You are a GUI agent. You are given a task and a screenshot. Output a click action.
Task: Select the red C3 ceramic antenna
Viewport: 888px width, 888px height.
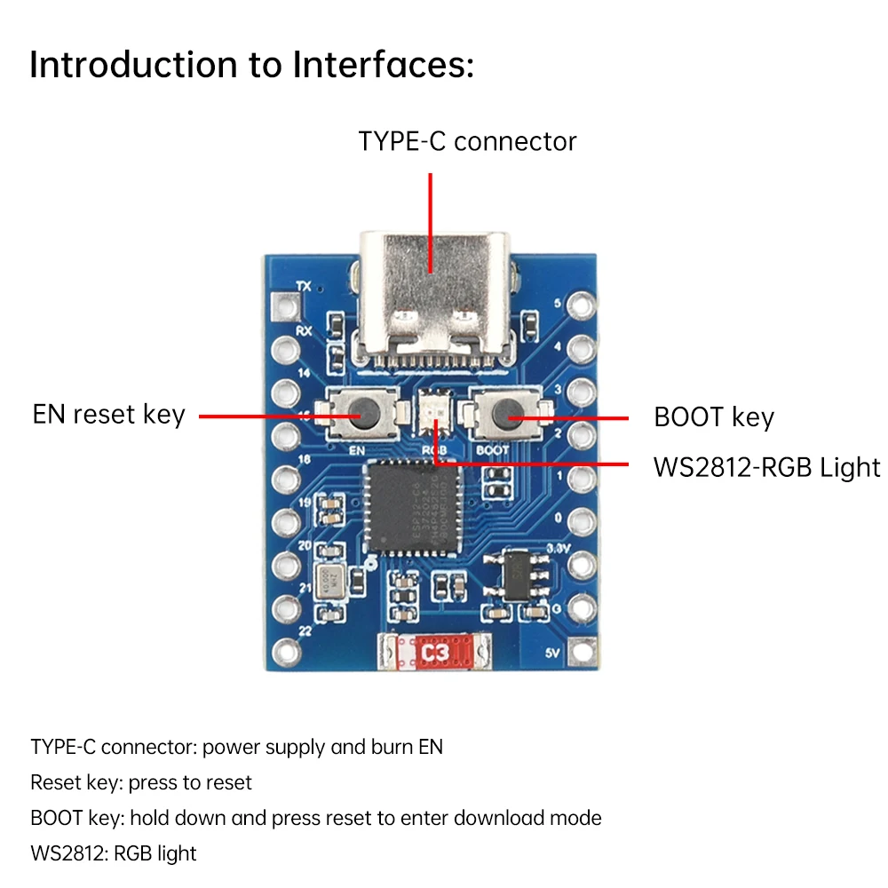435,654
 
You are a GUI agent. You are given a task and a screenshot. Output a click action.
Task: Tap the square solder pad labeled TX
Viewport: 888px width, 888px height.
287,307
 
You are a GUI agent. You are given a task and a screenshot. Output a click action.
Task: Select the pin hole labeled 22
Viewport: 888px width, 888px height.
285,651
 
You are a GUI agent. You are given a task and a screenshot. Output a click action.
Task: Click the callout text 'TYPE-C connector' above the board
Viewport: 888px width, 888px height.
467,141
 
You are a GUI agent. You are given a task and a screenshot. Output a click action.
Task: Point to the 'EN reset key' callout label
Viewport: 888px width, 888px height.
108,415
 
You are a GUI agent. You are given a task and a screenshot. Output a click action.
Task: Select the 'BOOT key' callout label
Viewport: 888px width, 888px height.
714,417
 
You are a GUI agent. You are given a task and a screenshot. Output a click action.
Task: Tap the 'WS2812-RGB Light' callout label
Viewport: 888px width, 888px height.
766,467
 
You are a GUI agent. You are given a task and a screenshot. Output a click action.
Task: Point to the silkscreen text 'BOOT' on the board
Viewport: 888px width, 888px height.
493,449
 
